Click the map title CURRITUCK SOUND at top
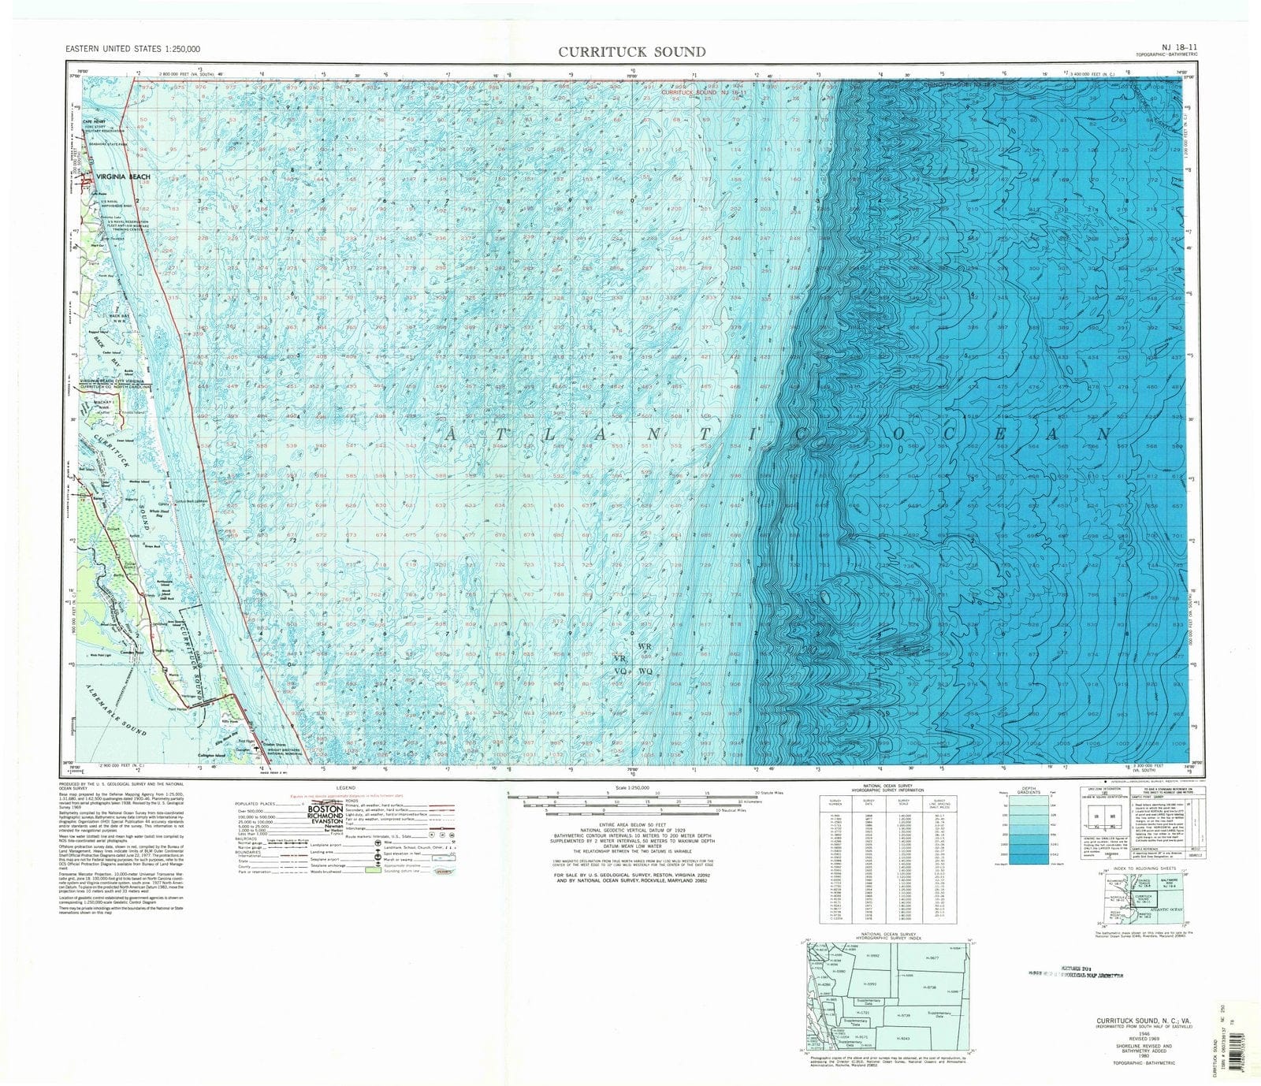pyautogui.click(x=632, y=52)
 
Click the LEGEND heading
pyautogui.click(x=346, y=788)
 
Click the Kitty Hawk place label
pyautogui.click(x=229, y=721)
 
